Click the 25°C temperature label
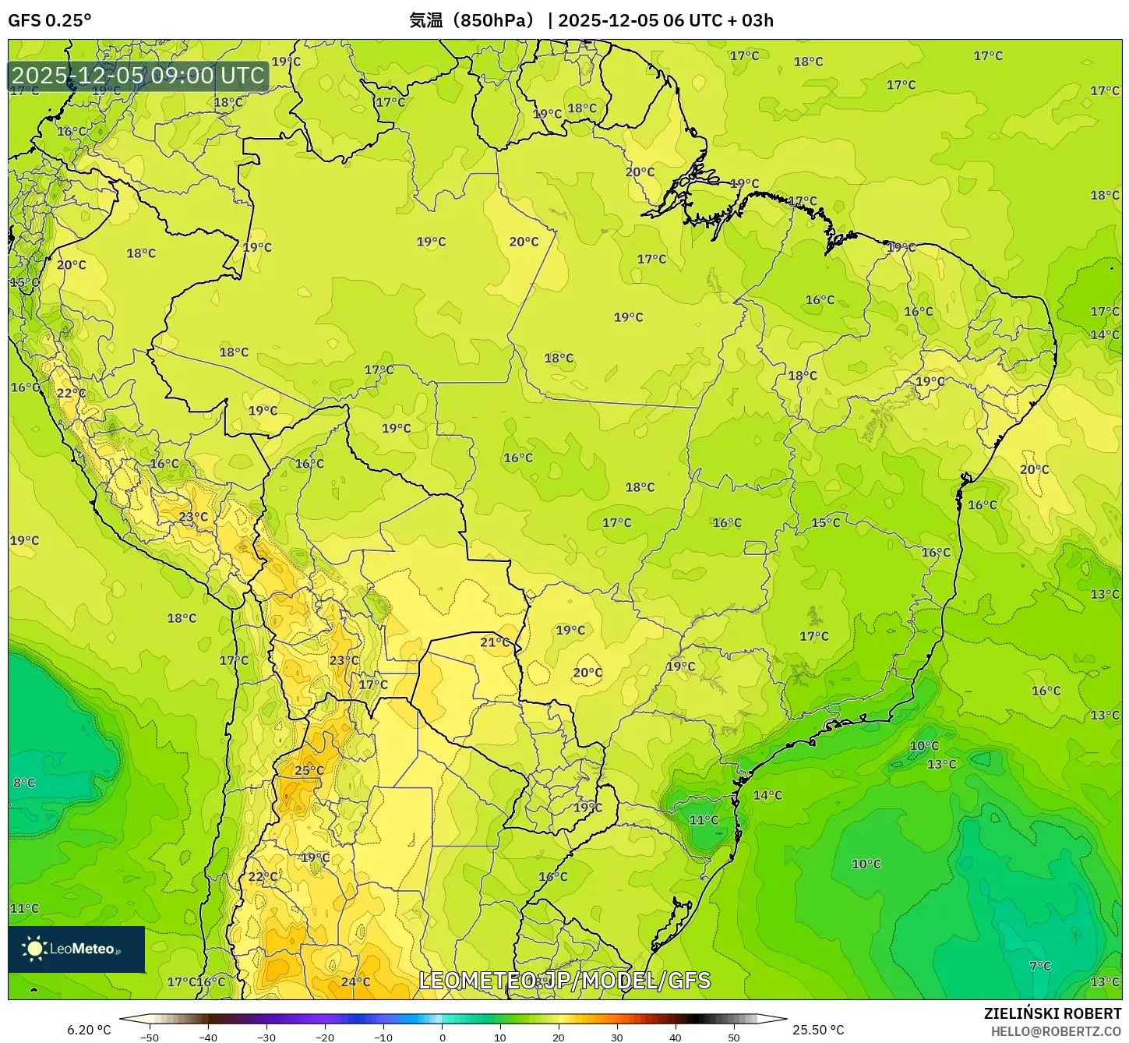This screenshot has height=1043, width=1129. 309,770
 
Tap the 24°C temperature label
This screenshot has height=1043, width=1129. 355,981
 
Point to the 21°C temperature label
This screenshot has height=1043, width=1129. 495,642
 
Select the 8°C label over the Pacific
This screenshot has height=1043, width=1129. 24,783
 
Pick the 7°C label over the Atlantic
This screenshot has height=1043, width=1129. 1040,966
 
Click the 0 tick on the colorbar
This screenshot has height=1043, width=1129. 442,1037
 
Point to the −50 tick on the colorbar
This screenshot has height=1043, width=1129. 150,1037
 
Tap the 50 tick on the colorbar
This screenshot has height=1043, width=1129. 734,1037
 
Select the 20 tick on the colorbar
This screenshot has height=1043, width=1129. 559,1037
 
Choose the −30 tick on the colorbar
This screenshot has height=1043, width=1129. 266,1037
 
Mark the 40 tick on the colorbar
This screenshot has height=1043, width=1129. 676,1037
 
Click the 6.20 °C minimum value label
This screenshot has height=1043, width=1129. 89,1030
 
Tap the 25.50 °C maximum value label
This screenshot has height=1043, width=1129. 818,1030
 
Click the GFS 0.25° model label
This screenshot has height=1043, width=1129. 49,20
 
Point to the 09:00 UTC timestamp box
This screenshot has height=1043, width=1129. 138,76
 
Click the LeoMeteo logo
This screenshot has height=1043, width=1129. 76,949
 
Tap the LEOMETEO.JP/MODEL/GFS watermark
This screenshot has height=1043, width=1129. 565,980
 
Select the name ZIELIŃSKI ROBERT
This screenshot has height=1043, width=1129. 1053,1013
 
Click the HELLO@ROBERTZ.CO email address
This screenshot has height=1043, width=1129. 1056,1031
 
